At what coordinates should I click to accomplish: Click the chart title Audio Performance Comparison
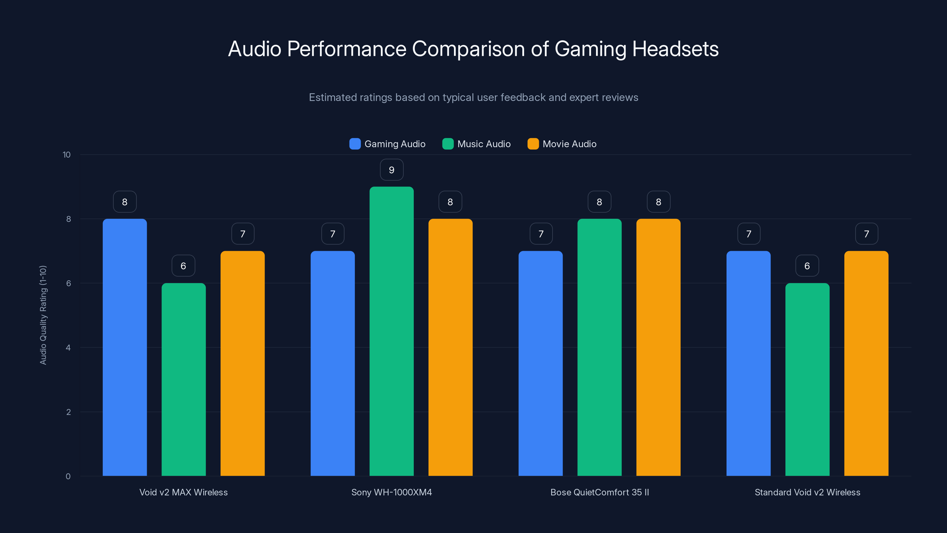(473, 49)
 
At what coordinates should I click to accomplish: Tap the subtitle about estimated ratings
(473, 97)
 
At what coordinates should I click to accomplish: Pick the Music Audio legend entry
(476, 144)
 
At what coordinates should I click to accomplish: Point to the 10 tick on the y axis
(67, 155)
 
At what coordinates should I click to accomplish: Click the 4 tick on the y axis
(68, 348)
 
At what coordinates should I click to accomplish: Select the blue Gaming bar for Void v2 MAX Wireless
(125, 347)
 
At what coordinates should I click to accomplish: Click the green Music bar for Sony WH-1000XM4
(392, 331)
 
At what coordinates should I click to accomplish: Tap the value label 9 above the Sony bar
(392, 170)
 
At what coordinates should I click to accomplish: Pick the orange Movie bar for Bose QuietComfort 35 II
(658, 347)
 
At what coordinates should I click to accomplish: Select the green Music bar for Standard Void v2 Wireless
(807, 379)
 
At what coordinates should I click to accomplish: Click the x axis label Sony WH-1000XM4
(392, 492)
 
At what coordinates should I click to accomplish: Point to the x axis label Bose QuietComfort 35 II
(599, 492)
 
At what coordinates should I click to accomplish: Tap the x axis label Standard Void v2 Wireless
(807, 492)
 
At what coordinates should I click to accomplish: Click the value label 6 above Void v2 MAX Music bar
(183, 266)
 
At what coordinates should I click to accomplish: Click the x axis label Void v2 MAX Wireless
(183, 492)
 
